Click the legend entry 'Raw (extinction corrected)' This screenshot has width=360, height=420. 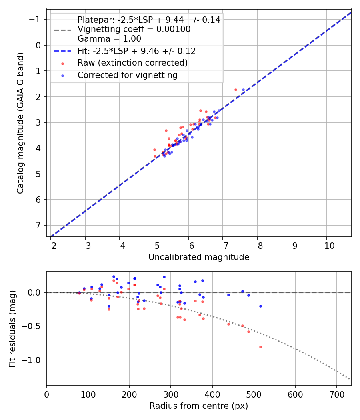pos(132,63)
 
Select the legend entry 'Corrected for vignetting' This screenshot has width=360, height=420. pos(127,75)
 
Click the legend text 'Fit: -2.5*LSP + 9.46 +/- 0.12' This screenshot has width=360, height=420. pos(136,51)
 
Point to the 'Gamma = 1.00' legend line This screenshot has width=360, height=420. pos(109,39)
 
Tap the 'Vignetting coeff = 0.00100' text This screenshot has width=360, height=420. pos(134,29)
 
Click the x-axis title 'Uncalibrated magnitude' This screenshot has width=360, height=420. pos(199,257)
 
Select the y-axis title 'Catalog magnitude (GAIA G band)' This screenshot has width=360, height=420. pos(20,122)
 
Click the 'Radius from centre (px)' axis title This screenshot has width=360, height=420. pos(199,406)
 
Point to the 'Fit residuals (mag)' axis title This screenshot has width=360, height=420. pos(12,328)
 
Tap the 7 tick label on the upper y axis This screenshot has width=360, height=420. pos(39,225)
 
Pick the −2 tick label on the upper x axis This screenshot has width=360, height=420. pos(51,244)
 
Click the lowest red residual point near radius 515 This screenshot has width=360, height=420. pos(260,347)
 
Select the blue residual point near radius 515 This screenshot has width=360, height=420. pos(260,306)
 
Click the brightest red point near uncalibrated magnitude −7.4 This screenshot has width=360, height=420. pos(236,90)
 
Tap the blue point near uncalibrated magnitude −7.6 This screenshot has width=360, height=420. pos(243,90)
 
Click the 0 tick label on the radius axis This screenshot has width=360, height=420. pos(47,394)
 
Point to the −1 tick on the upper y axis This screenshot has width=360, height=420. pos(37,19)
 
